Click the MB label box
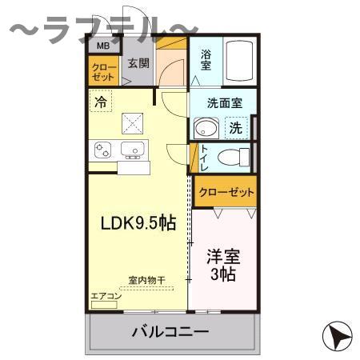[x=102, y=46]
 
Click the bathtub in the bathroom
[x=240, y=60]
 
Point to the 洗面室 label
[x=219, y=102]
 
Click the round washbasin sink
[x=206, y=128]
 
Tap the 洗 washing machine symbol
[x=237, y=127]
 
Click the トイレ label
[x=205, y=156]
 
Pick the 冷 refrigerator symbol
[x=100, y=102]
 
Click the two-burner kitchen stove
[x=103, y=150]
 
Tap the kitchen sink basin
[x=133, y=148]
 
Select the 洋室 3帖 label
[x=222, y=266]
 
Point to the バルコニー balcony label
[x=170, y=330]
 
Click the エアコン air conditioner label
[x=106, y=296]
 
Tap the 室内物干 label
[x=146, y=280]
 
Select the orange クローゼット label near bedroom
[x=225, y=192]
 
